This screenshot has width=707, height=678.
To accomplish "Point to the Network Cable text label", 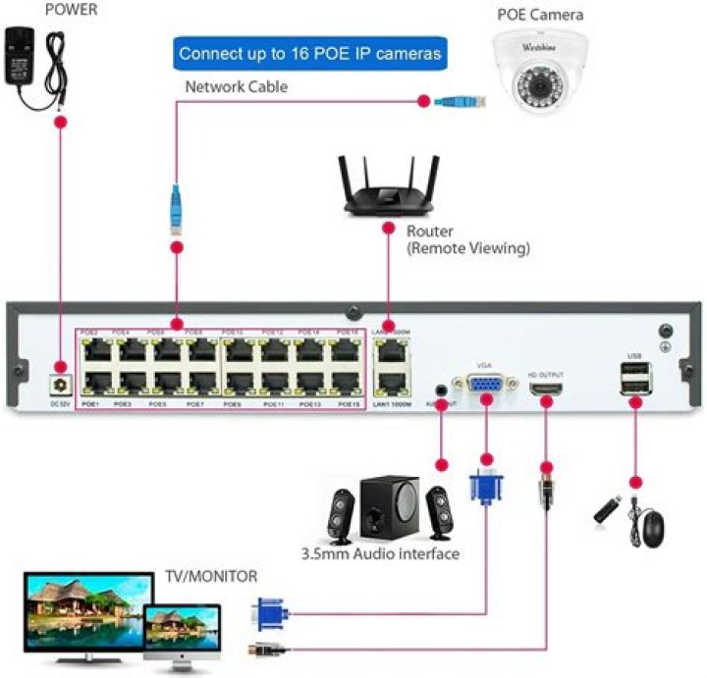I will click(x=237, y=87).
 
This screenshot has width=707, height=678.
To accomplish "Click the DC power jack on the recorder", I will click(x=61, y=386).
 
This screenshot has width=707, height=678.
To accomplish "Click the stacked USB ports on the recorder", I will click(x=633, y=379).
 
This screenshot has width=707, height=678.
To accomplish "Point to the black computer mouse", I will click(x=649, y=527).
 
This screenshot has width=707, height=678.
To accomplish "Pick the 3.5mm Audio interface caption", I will click(x=380, y=553).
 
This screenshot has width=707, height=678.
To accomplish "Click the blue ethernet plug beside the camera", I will click(x=461, y=100).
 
